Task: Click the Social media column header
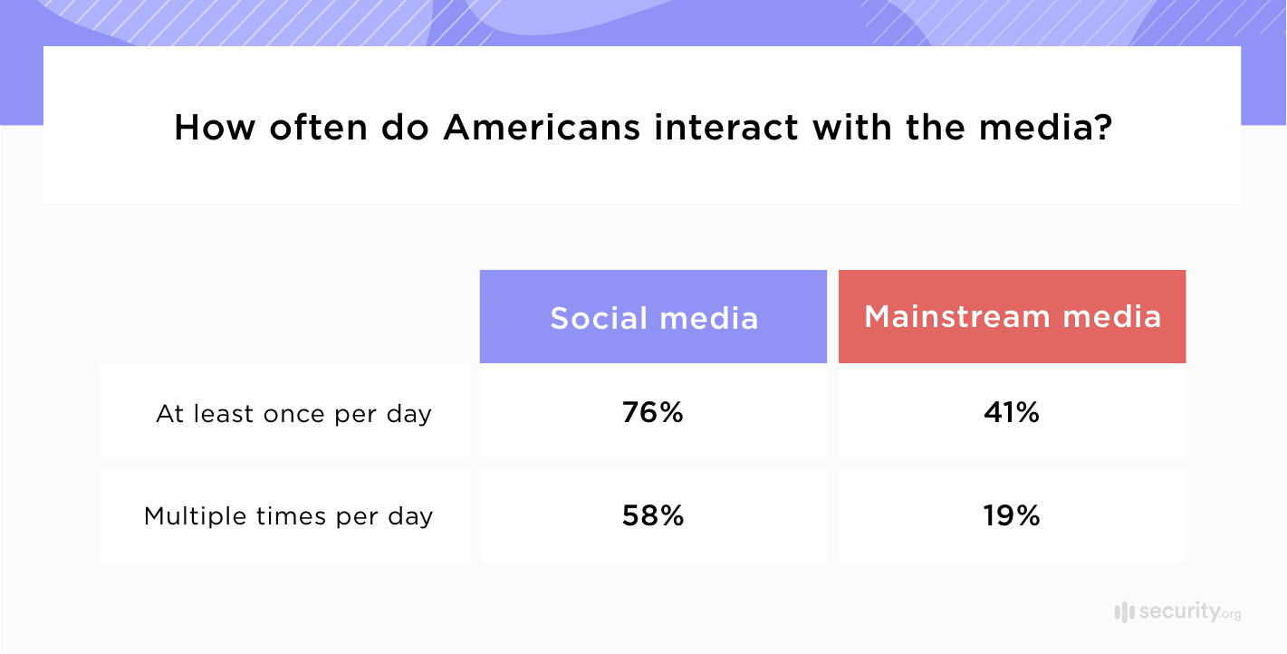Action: [x=653, y=318]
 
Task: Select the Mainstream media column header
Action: [x=1012, y=316]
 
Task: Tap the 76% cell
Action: [x=652, y=413]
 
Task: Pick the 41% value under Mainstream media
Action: [x=1012, y=413]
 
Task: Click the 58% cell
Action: [x=652, y=515]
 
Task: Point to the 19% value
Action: [x=1012, y=515]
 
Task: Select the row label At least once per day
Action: [x=293, y=414]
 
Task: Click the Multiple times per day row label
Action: [x=288, y=516]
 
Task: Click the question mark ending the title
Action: [x=1103, y=128]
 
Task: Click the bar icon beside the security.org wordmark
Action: [x=1124, y=612]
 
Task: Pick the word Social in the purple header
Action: [x=599, y=318]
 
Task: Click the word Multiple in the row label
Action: [x=188, y=516]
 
